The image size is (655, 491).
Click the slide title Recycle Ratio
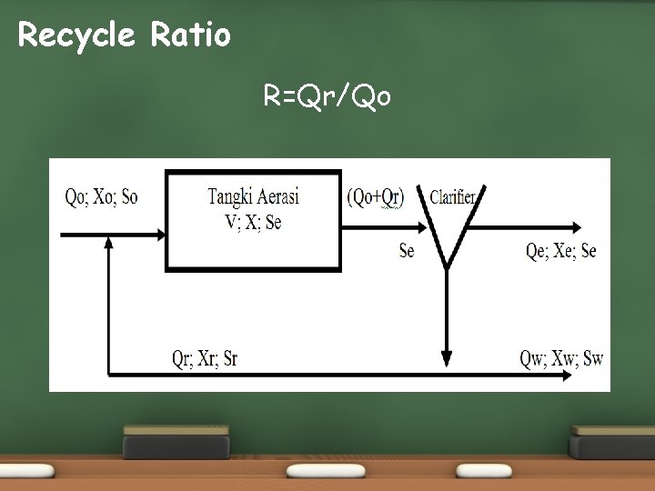click(125, 35)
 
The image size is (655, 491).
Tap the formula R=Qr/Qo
click(327, 95)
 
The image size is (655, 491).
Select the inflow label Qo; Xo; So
click(101, 196)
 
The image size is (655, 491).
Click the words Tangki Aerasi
click(253, 195)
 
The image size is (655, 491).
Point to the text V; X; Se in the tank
click(253, 221)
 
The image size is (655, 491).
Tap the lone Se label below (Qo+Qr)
click(406, 251)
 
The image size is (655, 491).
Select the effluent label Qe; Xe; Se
click(560, 251)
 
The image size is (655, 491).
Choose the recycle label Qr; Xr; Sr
click(205, 357)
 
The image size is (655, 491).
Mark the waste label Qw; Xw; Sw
click(560, 357)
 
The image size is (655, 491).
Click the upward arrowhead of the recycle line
click(109, 242)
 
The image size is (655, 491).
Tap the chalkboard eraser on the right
click(611, 441)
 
